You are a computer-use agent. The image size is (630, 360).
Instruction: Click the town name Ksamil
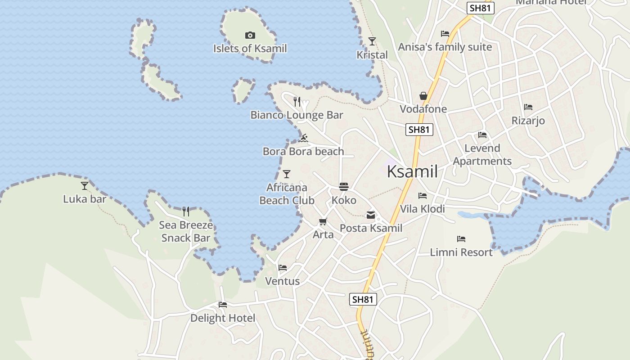coord(412,171)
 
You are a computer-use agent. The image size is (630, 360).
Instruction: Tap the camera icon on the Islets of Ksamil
coord(250,35)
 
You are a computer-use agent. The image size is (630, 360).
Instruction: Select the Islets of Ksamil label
coord(250,48)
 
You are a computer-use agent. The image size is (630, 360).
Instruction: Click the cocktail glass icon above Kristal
coord(372,41)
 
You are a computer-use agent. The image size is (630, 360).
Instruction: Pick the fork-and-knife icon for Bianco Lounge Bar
coord(297,102)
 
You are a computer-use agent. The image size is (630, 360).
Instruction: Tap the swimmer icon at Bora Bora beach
coord(303,138)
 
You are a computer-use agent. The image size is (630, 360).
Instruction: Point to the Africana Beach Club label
coord(287,194)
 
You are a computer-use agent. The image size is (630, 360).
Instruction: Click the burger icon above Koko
coord(344,187)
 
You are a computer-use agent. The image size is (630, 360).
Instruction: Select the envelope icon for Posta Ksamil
coord(371,215)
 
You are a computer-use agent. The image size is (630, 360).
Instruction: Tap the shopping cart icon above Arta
coord(323,221)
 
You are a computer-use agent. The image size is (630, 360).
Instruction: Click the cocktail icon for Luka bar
coord(85,185)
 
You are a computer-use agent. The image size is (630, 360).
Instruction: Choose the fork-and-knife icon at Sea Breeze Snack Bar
coord(186,211)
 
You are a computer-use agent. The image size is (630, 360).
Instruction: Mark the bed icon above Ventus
coord(283,268)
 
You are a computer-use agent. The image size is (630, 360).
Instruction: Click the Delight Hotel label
coord(223,318)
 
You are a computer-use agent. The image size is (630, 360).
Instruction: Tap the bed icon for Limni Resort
coord(461,239)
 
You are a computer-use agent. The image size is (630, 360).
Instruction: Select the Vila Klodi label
coord(423,209)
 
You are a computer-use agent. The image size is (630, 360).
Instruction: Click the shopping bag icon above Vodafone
coord(423,96)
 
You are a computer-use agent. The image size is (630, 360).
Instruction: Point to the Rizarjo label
coord(528,121)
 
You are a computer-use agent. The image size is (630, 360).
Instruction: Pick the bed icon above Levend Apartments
coord(482,135)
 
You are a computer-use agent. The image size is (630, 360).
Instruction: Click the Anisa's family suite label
coord(445,47)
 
